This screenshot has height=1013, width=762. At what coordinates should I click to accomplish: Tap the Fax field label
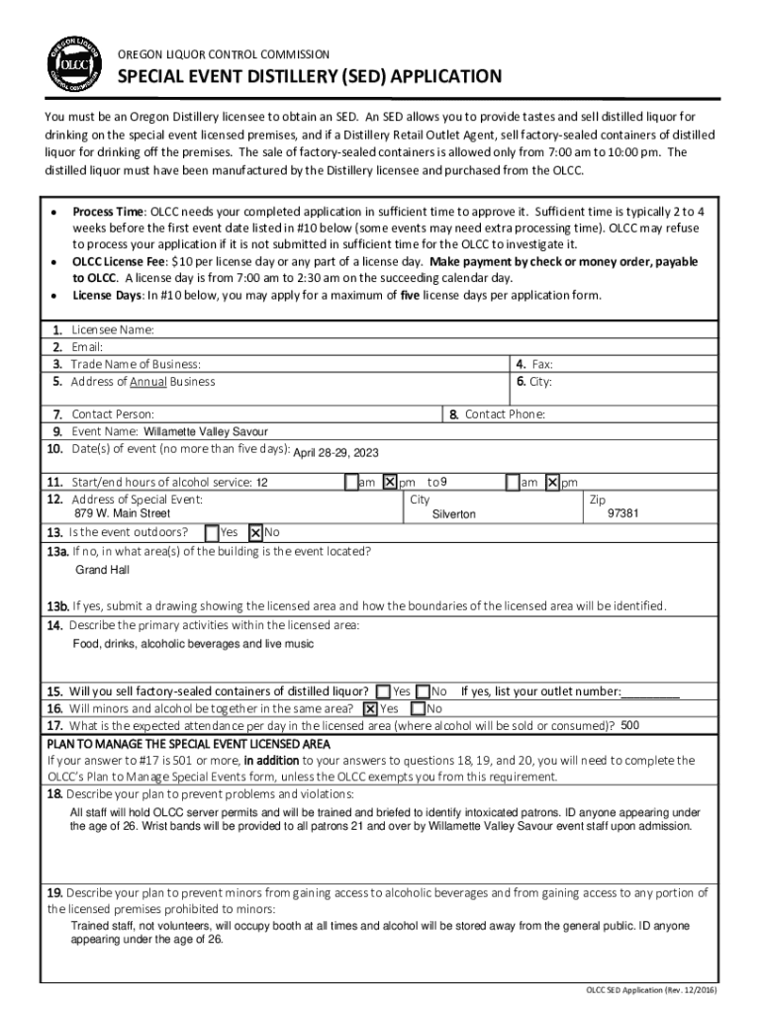pos(542,364)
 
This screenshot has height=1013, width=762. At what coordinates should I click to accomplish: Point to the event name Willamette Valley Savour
pos(206,432)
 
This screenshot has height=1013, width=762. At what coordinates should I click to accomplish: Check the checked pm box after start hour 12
pos(389,482)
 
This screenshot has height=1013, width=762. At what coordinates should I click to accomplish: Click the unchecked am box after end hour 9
pos(513,482)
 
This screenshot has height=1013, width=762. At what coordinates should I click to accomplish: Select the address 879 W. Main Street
pos(122,514)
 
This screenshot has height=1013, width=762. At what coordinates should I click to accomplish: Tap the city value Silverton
pos(453,515)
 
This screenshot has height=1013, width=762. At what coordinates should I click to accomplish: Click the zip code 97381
pos(622,514)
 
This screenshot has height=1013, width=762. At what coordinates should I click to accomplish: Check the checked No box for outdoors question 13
pos(255,532)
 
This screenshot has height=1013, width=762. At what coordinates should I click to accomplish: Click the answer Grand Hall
pos(102,571)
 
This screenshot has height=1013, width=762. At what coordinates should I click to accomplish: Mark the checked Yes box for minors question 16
pos(370,708)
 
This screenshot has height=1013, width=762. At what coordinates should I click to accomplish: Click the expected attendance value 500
pos(629,725)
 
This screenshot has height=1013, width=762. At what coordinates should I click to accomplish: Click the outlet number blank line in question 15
pos(652,692)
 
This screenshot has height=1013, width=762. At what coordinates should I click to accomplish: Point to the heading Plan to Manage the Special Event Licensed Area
pos(188,743)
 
